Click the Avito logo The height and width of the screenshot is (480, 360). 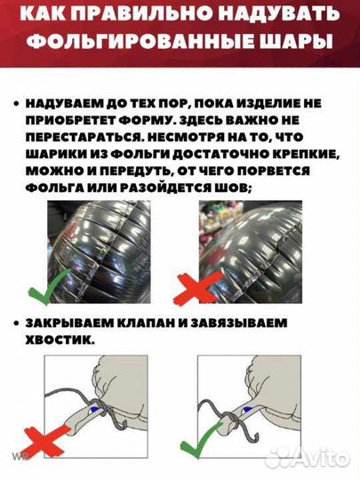click(319, 459)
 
